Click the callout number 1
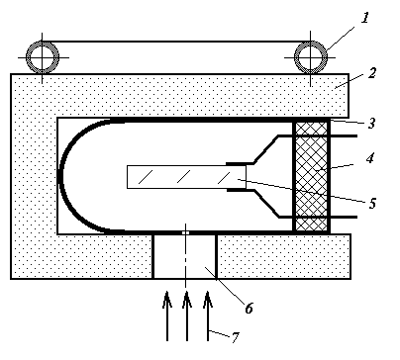(x=364, y=18)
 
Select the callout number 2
(x=372, y=72)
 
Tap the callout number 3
(x=372, y=123)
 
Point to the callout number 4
(x=370, y=158)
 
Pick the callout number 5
(x=372, y=204)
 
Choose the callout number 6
(x=249, y=308)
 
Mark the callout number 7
(x=235, y=337)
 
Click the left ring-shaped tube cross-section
(x=43, y=57)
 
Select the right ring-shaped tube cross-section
(x=310, y=57)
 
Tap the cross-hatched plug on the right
(x=311, y=176)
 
